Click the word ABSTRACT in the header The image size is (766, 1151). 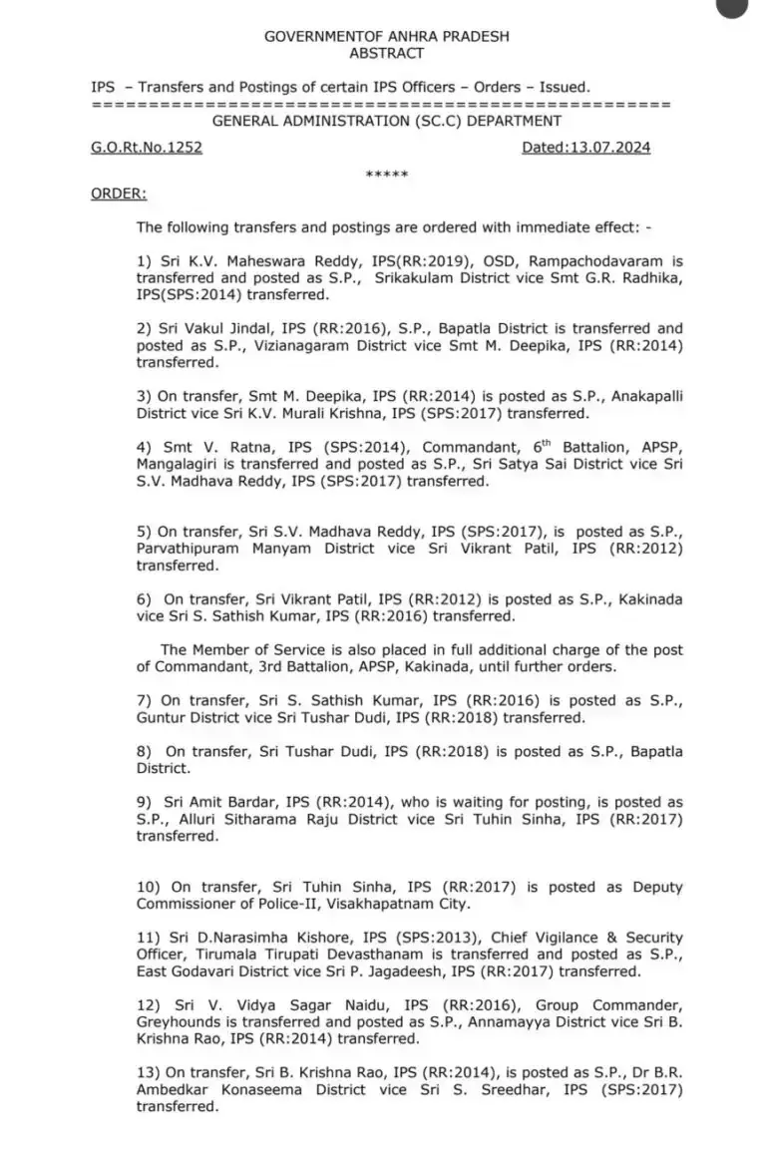tap(387, 54)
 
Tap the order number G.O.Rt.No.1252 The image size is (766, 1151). tap(146, 148)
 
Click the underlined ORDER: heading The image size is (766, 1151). tap(118, 193)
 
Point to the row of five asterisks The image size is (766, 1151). tap(387, 175)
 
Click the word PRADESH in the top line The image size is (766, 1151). tap(473, 37)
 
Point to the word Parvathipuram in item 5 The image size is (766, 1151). tap(185, 549)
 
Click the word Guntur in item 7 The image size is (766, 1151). tap(163, 718)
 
